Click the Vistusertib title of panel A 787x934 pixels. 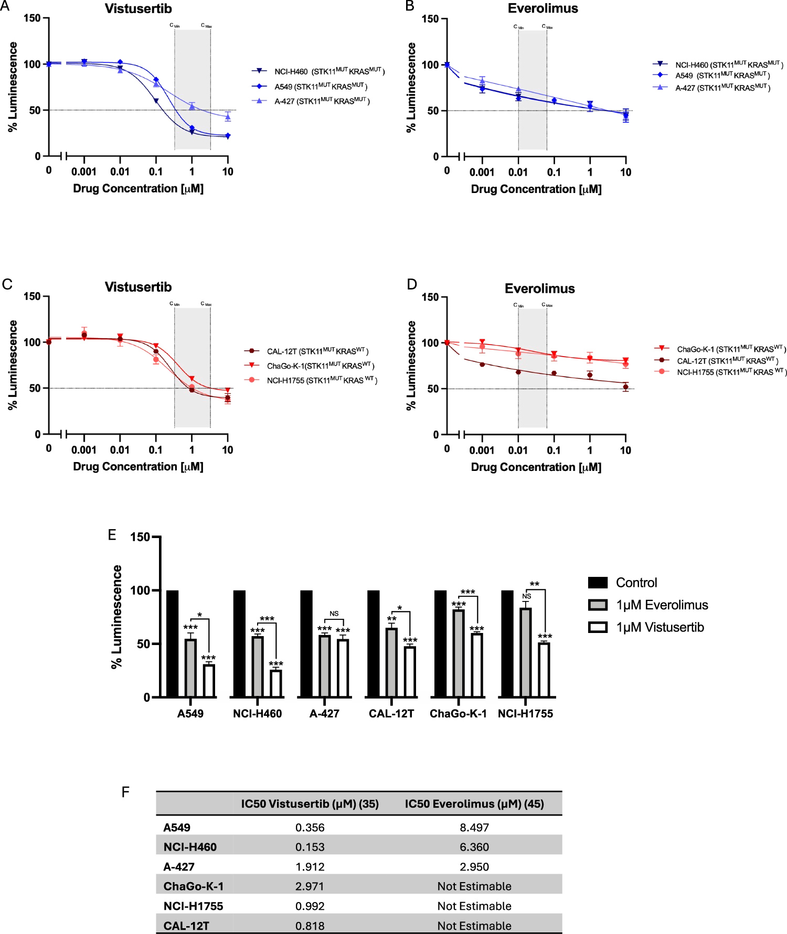pos(138,9)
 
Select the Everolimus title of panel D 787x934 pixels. pos(539,288)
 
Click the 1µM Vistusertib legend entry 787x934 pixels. pos(660,627)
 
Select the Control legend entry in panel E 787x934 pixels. pos(636,583)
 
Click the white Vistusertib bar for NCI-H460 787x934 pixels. pos(276,683)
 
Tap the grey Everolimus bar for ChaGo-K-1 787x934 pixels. pos(459,653)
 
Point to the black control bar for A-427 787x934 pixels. pos(306,643)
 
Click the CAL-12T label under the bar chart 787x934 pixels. pos(391,714)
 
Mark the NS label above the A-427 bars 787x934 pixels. pos(334,614)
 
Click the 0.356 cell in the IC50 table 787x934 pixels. pos(310,828)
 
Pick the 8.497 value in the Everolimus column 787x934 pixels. pos(474,828)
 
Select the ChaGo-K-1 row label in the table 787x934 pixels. pos(193,886)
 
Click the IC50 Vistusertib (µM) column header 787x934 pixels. pos(310,804)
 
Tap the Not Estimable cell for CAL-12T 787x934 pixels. pos(474,926)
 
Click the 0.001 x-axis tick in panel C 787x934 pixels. pos(84,450)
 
